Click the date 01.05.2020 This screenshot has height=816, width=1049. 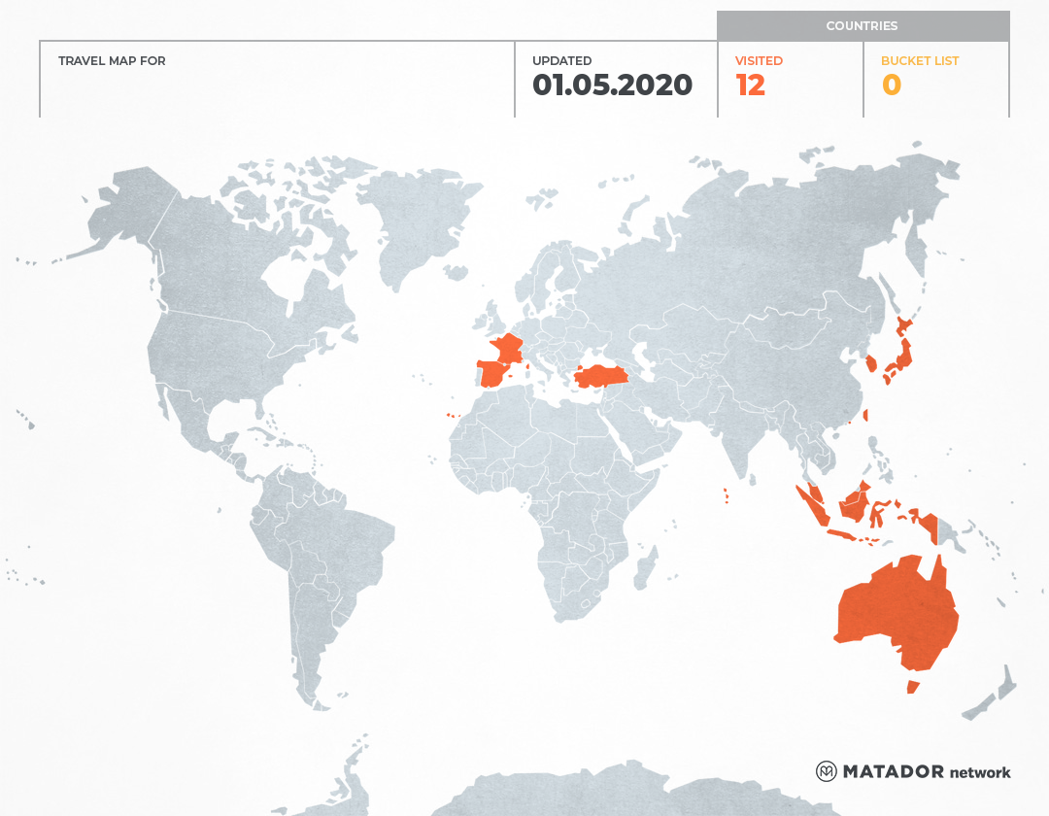tap(612, 85)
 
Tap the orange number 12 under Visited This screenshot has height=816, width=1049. tap(750, 85)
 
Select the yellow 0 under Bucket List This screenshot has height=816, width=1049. tap(891, 85)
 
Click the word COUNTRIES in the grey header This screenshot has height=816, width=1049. tap(862, 26)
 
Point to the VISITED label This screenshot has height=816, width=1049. tap(759, 60)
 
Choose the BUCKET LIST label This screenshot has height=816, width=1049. tap(919, 60)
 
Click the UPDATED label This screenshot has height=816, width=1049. tap(561, 60)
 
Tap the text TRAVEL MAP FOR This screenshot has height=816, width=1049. tap(112, 60)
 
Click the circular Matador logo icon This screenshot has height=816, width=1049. tap(826, 771)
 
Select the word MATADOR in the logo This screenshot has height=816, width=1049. tap(893, 771)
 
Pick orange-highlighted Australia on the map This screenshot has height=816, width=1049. tap(894, 612)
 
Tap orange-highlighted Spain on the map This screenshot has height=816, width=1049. tap(495, 372)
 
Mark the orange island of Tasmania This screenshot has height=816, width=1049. tap(912, 687)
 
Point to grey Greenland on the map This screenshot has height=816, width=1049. tap(413, 223)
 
